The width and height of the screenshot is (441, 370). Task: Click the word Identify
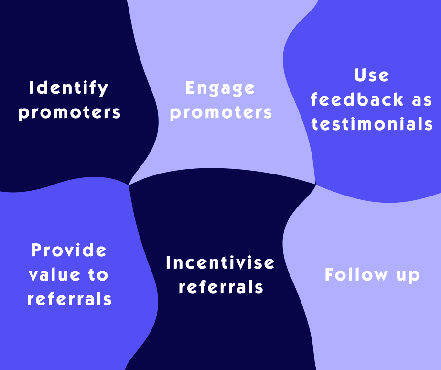[x=69, y=88]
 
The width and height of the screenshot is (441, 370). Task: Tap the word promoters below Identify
[x=69, y=113]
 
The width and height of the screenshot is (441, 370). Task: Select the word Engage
[x=220, y=88]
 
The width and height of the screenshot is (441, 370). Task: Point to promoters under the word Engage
[x=221, y=113]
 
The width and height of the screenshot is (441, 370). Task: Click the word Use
[x=372, y=76]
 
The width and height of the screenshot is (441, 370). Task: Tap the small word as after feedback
[x=422, y=100]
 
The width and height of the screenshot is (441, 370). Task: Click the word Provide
[x=69, y=250]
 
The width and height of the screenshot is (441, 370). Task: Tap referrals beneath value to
[x=69, y=299]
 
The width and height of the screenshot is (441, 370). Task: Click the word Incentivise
[x=220, y=262]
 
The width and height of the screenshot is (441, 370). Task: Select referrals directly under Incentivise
[x=220, y=287]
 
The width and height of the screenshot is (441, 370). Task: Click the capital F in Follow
[x=330, y=275]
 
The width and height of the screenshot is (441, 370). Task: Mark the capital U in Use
[x=360, y=76]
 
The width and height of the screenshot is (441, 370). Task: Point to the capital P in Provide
[x=36, y=250]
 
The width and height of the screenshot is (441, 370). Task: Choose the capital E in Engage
[x=191, y=88]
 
